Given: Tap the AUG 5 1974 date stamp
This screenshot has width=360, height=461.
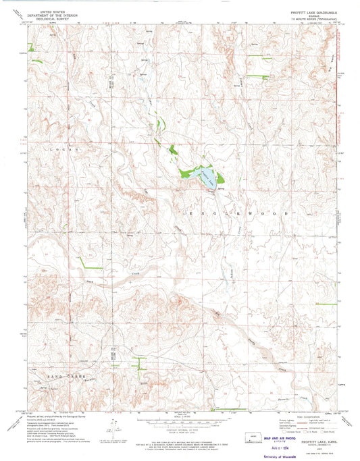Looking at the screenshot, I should coord(269,446).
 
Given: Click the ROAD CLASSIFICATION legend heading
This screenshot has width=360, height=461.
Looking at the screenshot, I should coord(304,414).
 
